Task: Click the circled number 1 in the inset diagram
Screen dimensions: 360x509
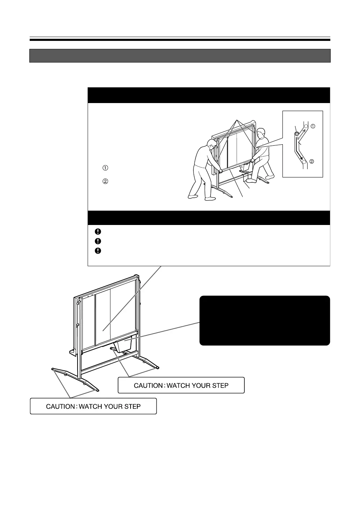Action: [x=313, y=126]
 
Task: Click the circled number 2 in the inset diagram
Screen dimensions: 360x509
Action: [x=312, y=162]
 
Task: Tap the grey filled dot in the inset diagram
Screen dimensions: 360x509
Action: [x=296, y=134]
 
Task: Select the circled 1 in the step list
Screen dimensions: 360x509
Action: [x=105, y=168]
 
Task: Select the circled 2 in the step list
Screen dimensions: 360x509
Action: [x=105, y=181]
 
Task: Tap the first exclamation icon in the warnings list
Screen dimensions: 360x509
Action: [x=98, y=231]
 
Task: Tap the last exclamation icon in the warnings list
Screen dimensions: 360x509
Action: [x=98, y=250]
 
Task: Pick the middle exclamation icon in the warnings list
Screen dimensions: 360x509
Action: [x=98, y=241]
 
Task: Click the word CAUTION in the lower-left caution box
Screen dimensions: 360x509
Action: [x=61, y=406]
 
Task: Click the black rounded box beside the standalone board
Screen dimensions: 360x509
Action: [x=264, y=320]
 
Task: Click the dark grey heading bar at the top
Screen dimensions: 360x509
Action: [x=180, y=56]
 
